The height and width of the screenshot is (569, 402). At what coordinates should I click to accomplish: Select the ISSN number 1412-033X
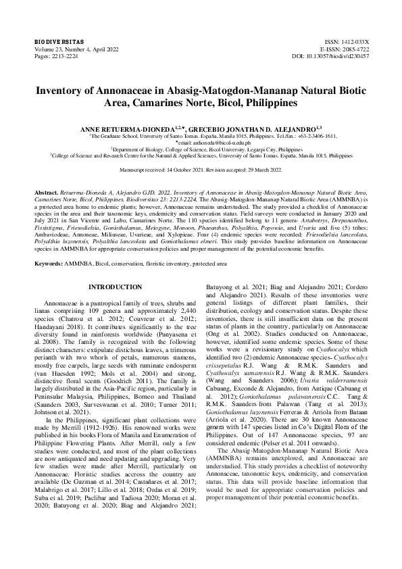356,42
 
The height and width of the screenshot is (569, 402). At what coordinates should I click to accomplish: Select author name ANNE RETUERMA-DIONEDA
136,128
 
